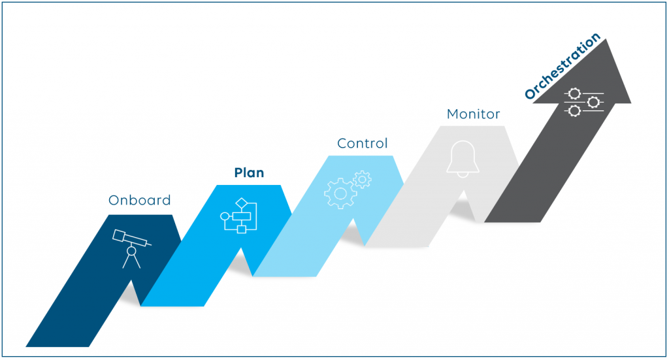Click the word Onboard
(140, 200)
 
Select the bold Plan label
(249, 172)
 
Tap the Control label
(362, 143)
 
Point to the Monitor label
(473, 114)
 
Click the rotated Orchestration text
(563, 66)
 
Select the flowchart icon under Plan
(238, 216)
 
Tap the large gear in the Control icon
(340, 193)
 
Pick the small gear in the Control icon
(362, 180)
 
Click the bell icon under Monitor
(463, 159)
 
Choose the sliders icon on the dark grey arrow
(583, 103)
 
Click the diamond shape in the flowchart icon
(242, 203)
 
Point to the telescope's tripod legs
(131, 261)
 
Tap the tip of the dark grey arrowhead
(606, 39)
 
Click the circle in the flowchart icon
(225, 216)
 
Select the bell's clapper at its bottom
(463, 175)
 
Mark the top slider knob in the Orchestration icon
(574, 93)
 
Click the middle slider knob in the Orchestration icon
(593, 103)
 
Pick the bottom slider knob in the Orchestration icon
(574, 111)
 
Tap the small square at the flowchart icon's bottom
(242, 229)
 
